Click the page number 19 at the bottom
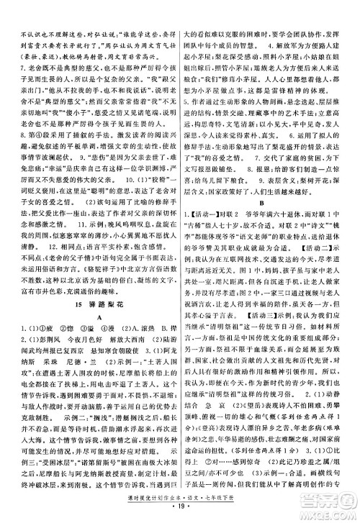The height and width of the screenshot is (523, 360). pyautogui.click(x=179, y=511)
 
